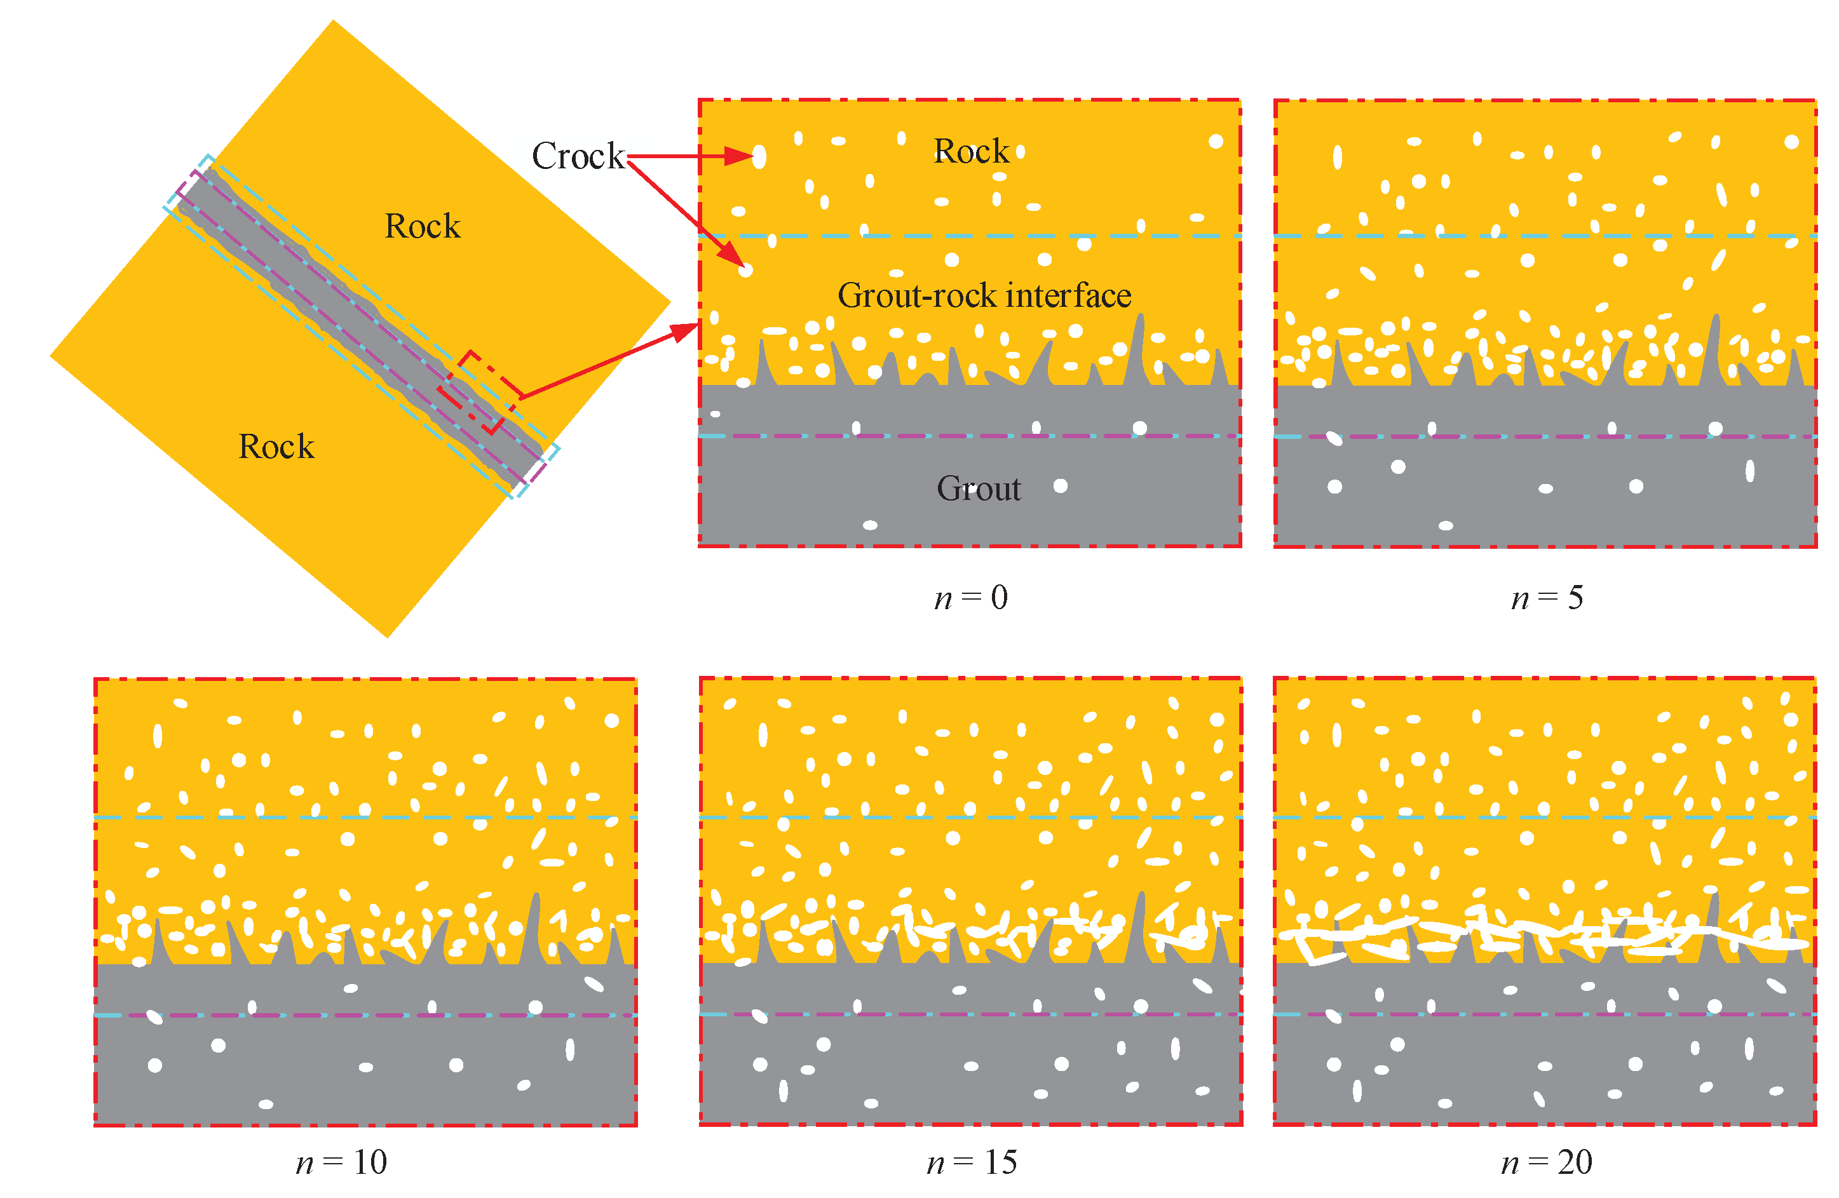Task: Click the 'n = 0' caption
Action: coord(970,598)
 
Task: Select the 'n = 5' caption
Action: coord(1547,598)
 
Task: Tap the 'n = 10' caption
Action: coord(341,1162)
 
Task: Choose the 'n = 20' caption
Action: coord(1546,1162)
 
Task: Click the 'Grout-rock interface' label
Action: coord(984,296)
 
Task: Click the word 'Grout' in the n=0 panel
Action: coord(978,488)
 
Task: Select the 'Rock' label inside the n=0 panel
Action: coord(970,151)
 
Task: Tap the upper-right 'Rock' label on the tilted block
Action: coord(422,226)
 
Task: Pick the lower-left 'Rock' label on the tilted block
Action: coord(276,447)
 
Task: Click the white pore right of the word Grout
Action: coord(1060,486)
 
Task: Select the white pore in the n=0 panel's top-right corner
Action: coord(1216,142)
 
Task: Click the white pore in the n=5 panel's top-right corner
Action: coord(1791,142)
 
